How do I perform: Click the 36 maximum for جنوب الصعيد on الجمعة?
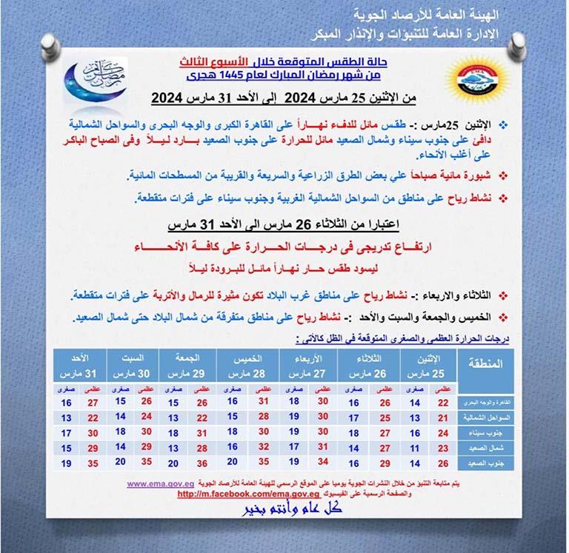pos(202,463)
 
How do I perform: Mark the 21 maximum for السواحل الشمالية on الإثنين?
pos(443,418)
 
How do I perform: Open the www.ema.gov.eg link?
pos(161,483)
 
